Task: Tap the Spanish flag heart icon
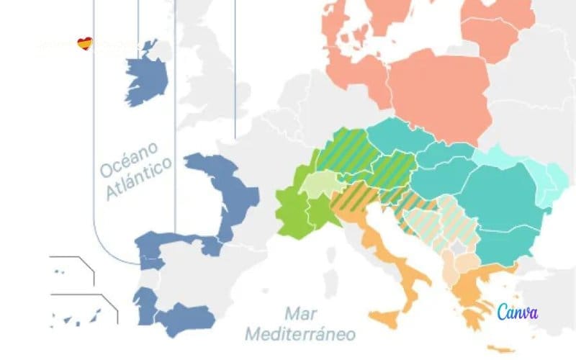tap(85, 45)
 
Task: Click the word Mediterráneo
tap(300, 334)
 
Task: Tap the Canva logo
tap(517, 312)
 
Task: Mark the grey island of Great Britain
tap(216, 79)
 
